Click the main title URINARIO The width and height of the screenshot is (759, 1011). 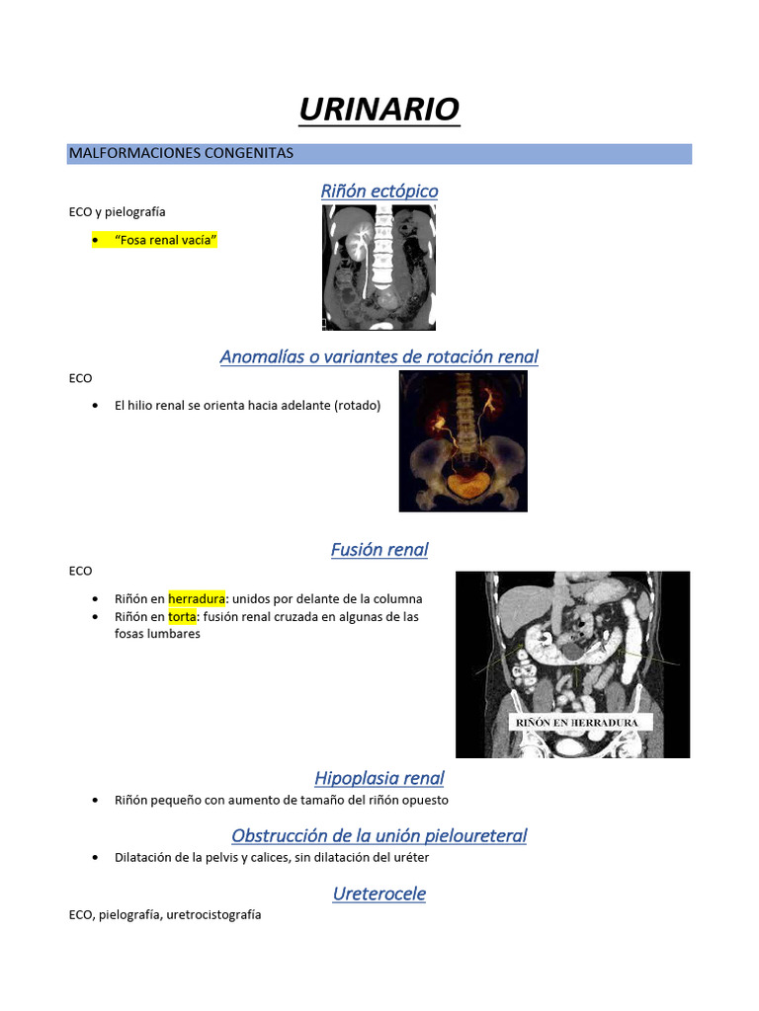click(x=379, y=110)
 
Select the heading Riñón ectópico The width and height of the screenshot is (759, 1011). click(x=379, y=191)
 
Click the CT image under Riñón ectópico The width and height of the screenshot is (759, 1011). click(x=379, y=273)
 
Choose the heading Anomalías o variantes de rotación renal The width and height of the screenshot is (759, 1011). click(x=379, y=356)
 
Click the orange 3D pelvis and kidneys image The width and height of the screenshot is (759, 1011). click(x=463, y=441)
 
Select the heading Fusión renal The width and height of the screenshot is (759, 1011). click(x=379, y=549)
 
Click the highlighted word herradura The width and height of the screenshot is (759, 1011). click(x=197, y=598)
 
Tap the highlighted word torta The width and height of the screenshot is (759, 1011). click(x=183, y=616)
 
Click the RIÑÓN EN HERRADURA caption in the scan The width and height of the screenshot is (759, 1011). click(x=578, y=723)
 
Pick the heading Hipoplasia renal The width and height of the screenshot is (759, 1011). click(x=379, y=778)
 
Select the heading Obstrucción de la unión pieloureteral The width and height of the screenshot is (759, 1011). click(x=379, y=835)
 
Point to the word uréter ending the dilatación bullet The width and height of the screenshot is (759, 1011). click(x=409, y=857)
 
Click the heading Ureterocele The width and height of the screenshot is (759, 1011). click(x=379, y=894)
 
